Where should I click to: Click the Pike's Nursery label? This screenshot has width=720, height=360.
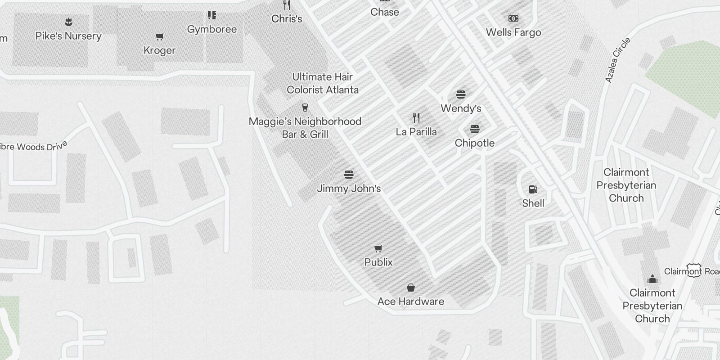[x=68, y=36]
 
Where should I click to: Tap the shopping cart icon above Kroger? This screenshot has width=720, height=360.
[x=160, y=36]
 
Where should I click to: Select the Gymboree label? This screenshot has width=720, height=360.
[x=212, y=29]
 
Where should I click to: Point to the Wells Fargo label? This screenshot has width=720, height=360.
[x=513, y=32]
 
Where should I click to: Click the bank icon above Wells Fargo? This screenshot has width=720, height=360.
[x=513, y=18]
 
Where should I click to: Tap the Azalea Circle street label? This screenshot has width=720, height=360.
[x=618, y=60]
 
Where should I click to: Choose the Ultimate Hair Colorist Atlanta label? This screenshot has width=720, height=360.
[x=323, y=83]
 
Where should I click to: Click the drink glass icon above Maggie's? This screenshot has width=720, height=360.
[x=305, y=108]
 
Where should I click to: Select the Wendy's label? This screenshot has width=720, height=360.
[x=461, y=108]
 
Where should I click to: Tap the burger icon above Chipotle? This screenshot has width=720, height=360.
[x=474, y=130]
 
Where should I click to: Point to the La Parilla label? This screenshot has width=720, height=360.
[x=416, y=132]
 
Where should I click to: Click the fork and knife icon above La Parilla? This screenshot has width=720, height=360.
[x=416, y=118]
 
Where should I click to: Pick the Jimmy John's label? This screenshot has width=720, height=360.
[x=349, y=189]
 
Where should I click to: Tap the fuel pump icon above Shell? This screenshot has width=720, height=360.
[x=533, y=189]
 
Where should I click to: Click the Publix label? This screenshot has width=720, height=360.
[x=378, y=262]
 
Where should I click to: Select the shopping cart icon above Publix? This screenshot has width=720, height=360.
[x=378, y=249]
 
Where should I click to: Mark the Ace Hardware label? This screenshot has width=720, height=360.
[x=411, y=301]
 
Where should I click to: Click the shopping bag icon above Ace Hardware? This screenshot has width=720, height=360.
[x=410, y=288]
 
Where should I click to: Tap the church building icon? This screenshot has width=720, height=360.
[x=652, y=279]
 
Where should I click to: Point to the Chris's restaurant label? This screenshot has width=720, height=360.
[x=287, y=19]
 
